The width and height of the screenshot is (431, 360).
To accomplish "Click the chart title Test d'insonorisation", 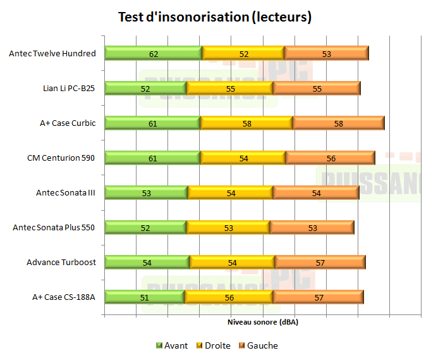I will pos(215,17).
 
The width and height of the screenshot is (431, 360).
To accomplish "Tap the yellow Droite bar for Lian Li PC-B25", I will pos(229,89).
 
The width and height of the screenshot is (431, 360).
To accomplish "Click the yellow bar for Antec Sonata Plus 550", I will pos(228,228).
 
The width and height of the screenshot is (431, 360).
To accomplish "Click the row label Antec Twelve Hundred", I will pos(52,54).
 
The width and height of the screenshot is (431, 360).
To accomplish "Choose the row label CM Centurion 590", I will pos(61,158).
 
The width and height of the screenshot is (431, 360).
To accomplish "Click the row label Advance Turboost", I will pos(61,262).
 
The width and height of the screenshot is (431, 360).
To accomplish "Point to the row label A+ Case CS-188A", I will pos(64,297).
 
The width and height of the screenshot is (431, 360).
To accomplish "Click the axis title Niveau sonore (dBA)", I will pos(262,322).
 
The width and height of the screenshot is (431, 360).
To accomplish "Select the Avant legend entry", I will pos(171,345).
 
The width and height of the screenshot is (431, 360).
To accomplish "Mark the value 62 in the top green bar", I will pos(154,54).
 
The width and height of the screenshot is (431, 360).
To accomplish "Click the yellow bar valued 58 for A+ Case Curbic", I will pos(246,123).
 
